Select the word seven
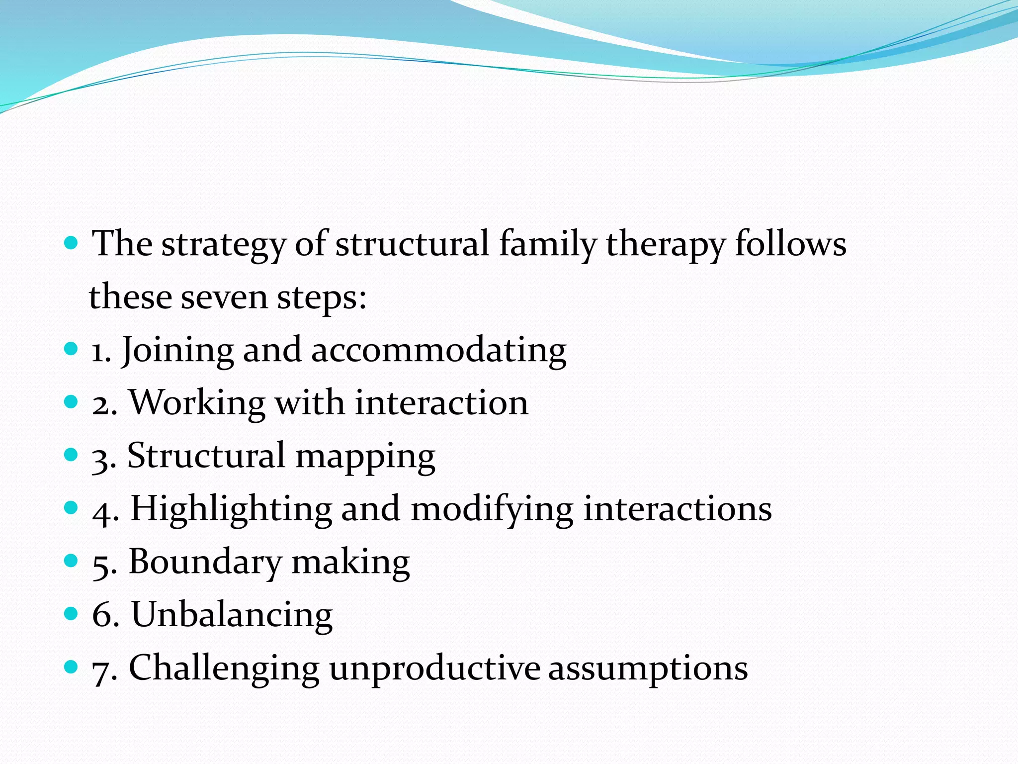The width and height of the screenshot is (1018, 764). (x=224, y=297)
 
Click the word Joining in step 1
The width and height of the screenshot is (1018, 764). (x=177, y=350)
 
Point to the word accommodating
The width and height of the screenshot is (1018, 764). (x=438, y=350)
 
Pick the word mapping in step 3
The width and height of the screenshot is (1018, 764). (x=365, y=457)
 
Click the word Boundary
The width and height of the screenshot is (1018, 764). (x=205, y=562)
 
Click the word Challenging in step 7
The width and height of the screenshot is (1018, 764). (x=224, y=668)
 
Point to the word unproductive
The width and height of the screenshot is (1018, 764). (x=434, y=668)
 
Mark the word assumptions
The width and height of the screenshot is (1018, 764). (x=648, y=668)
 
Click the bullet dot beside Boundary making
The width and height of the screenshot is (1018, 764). (x=72, y=561)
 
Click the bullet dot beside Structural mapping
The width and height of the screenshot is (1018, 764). (x=72, y=455)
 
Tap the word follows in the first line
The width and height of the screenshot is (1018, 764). (x=790, y=245)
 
